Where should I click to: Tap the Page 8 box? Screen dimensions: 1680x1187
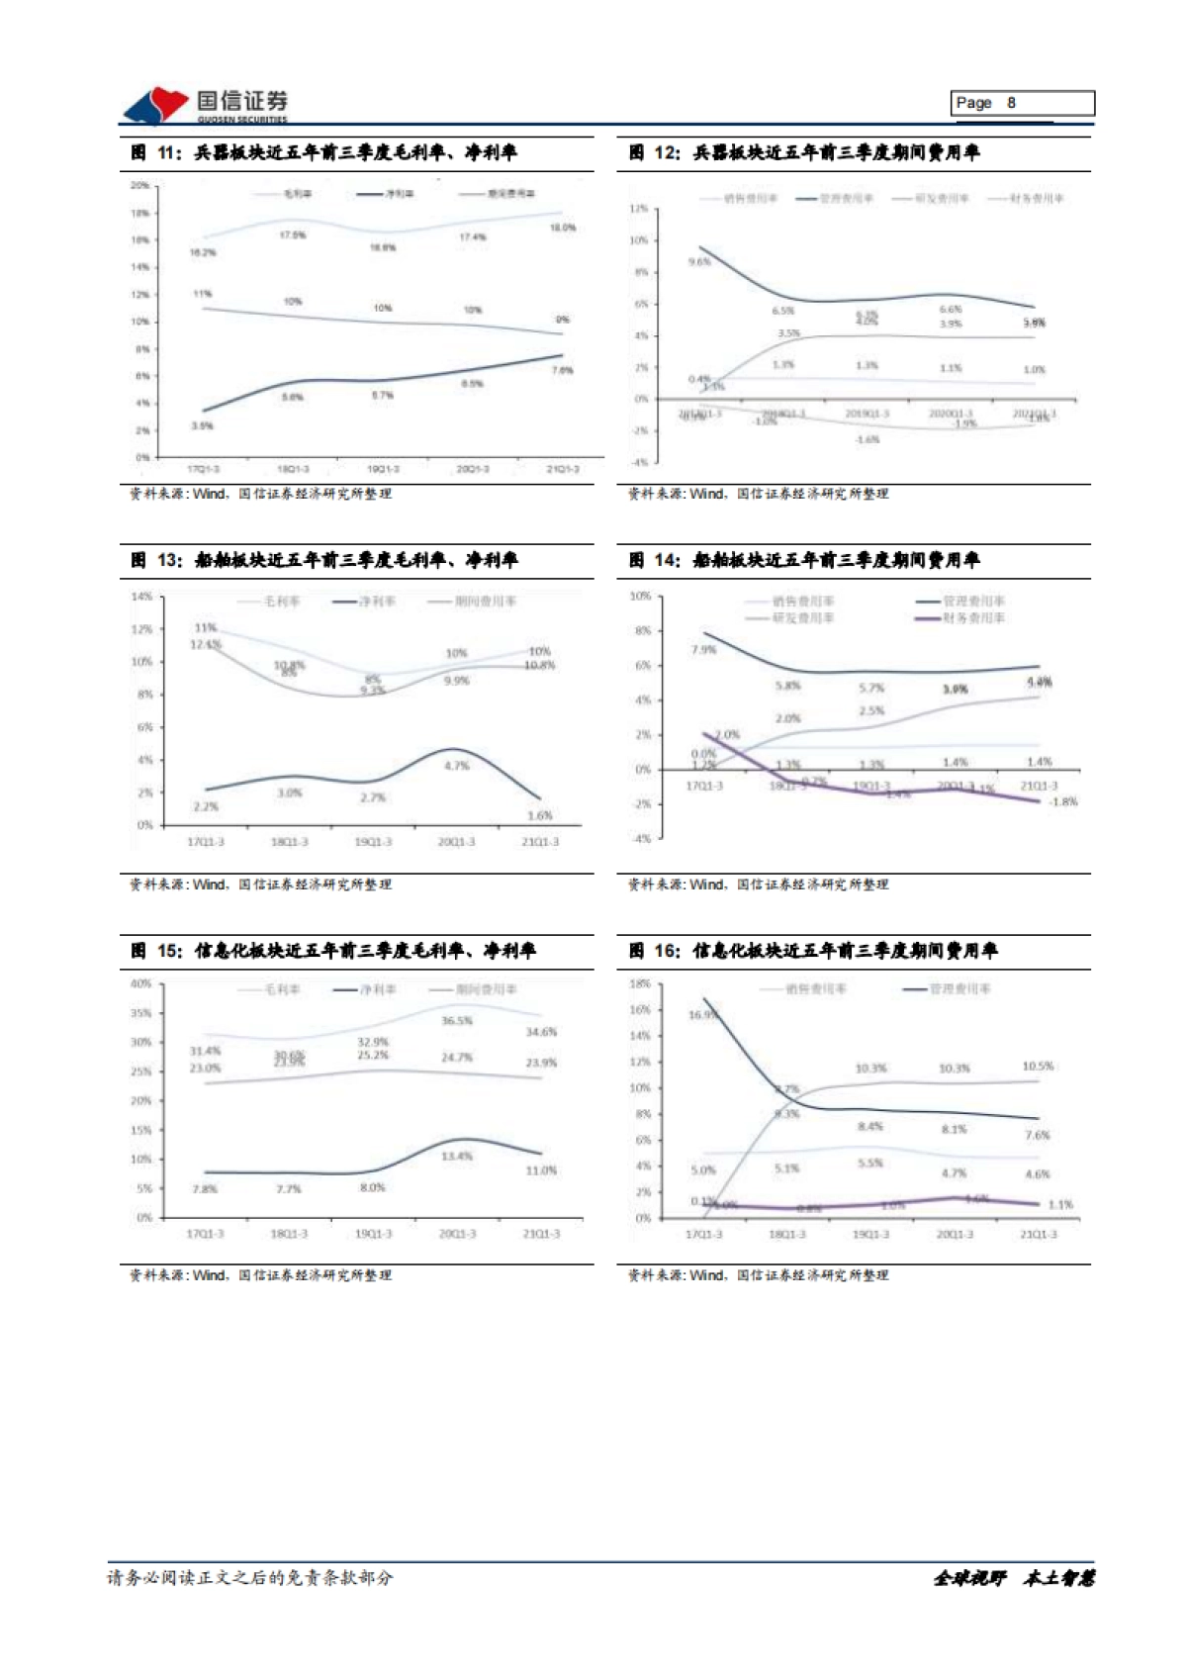(1023, 103)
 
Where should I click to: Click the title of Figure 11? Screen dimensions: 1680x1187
(324, 152)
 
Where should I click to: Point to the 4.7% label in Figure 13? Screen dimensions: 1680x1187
(456, 766)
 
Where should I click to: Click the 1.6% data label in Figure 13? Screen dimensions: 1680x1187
(540, 815)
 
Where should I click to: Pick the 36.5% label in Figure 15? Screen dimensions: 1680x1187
(457, 1020)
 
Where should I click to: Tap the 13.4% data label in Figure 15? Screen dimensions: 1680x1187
(457, 1156)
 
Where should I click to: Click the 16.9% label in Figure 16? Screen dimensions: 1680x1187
(702, 1014)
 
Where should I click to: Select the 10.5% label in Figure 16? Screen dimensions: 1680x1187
(1038, 1067)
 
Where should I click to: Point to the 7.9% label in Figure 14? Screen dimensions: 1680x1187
(703, 650)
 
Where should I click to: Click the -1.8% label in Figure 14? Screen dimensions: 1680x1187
(1062, 801)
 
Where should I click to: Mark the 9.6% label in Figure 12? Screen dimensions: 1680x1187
(699, 262)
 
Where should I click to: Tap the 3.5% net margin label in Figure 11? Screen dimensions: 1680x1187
(202, 425)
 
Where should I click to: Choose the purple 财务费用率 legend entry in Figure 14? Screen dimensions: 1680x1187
(960, 618)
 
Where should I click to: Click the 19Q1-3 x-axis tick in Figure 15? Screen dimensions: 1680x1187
(373, 1234)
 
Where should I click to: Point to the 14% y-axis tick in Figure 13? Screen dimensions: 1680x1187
(142, 597)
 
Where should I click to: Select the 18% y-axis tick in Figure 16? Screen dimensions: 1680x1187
(640, 983)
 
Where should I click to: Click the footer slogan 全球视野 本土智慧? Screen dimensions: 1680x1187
(1013, 1578)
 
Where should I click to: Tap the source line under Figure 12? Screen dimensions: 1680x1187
(759, 494)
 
